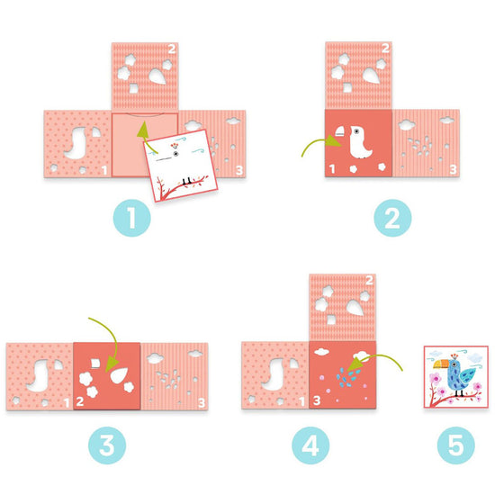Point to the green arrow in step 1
pyautogui.click(x=141, y=140)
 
